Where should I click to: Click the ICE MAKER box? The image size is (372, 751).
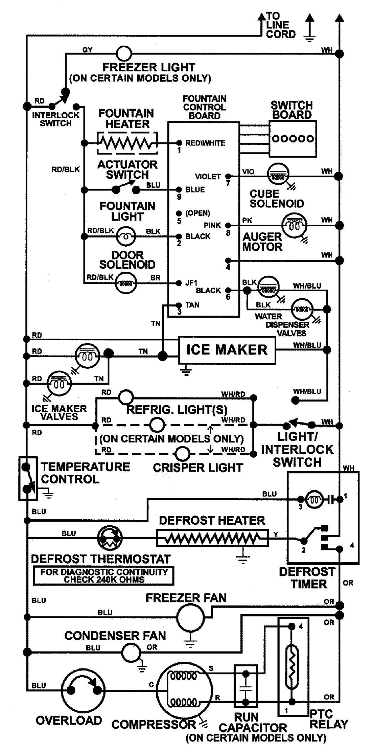coord(227,350)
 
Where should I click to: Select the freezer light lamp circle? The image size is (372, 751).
coord(124,54)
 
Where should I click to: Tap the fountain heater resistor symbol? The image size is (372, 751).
coord(128,143)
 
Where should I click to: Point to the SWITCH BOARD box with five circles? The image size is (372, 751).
coord(293,139)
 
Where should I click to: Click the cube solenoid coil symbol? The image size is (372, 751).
coord(278,176)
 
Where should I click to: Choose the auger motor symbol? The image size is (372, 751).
coord(294,225)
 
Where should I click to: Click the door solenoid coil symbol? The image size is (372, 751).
coord(126,283)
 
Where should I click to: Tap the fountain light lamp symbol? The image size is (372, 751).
coord(126,236)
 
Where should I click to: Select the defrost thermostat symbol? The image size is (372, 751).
coord(110,538)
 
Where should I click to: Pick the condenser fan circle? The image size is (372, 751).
coord(131,652)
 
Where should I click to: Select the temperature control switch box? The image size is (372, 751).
coord(28,478)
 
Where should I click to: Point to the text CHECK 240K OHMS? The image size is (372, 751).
coord(104,580)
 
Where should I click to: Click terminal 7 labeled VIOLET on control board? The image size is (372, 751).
coord(228,176)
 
